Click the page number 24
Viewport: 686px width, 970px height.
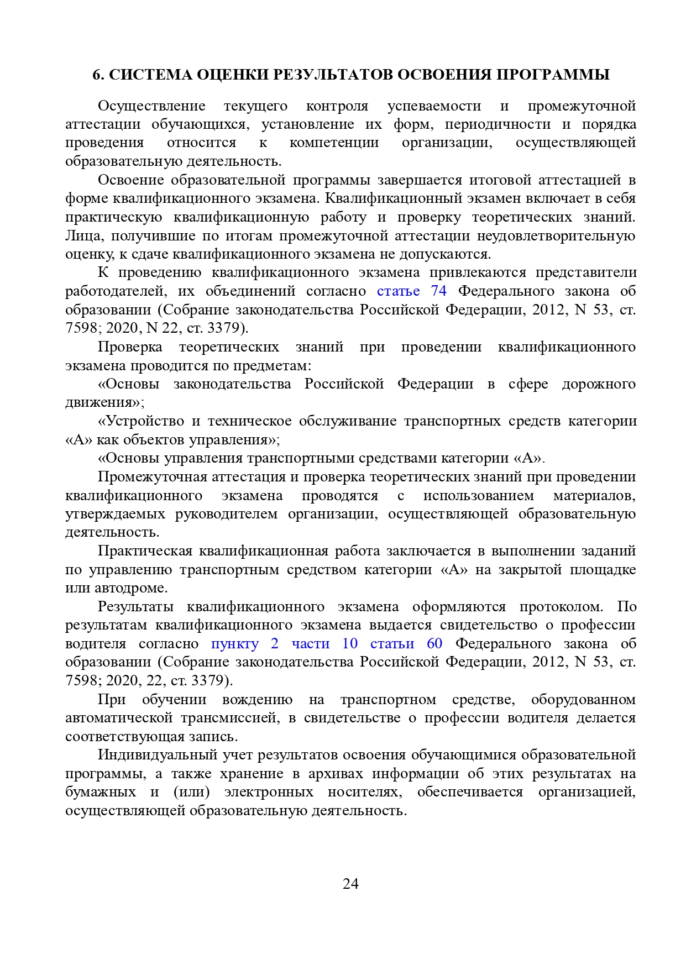point(350,884)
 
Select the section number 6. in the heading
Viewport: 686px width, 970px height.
point(98,75)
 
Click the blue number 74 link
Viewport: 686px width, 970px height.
point(438,291)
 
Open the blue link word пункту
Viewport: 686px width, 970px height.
point(235,643)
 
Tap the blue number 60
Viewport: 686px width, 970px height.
point(434,643)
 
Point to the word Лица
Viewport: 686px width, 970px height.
point(83,235)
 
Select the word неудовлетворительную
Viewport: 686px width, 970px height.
point(556,235)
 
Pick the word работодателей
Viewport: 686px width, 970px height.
point(113,291)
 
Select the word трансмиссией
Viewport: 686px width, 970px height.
point(228,717)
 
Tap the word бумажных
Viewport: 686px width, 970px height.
point(100,791)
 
